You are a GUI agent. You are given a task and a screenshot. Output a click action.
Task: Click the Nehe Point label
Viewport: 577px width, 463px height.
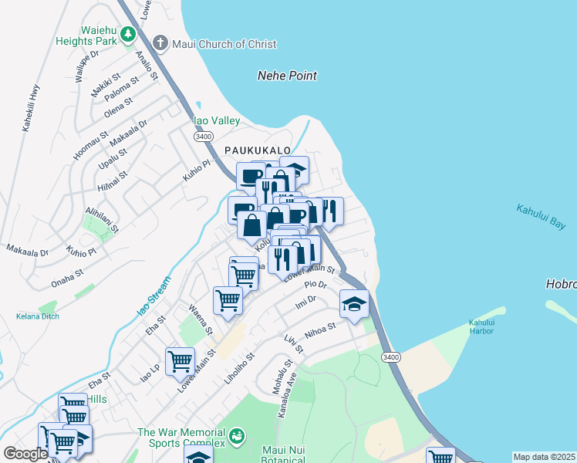(287, 76)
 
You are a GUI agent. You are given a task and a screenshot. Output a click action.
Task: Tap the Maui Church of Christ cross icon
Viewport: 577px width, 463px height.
(160, 43)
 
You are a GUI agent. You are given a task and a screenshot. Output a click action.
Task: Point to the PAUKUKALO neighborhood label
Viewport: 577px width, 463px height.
(257, 150)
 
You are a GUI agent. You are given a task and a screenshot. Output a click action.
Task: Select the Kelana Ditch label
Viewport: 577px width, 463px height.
(37, 316)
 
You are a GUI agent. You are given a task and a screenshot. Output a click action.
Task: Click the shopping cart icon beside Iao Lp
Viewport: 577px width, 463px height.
(180, 360)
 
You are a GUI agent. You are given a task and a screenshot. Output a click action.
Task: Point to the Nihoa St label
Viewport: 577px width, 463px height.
(320, 331)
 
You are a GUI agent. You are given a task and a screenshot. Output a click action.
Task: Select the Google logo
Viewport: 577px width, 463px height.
(25, 454)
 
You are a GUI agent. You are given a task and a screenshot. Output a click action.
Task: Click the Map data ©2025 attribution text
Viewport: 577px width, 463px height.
(544, 457)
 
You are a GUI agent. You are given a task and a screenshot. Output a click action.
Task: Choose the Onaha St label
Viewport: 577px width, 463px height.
(67, 275)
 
